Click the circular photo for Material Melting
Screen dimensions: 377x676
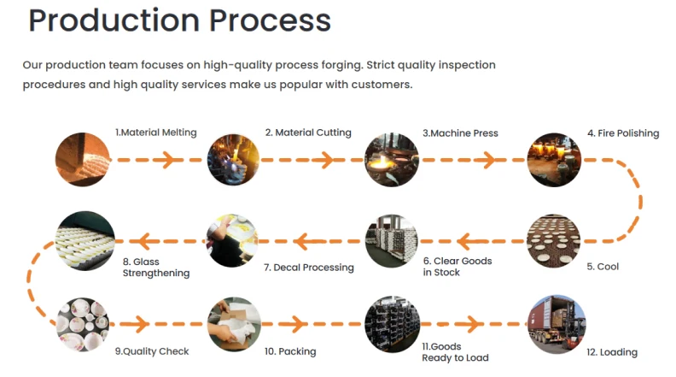click(x=83, y=159)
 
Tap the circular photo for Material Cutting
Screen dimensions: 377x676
click(x=233, y=159)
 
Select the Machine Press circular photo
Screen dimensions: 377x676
click(x=391, y=159)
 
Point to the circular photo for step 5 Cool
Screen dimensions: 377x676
click(x=553, y=240)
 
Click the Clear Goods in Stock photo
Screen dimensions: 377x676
click(x=391, y=240)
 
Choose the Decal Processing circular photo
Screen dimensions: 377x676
click(x=233, y=240)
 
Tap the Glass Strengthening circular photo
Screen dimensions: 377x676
click(x=83, y=240)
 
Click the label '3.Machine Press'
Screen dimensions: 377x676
click(x=460, y=133)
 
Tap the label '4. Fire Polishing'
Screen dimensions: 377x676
click(x=622, y=133)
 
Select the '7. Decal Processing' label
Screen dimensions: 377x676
click(x=308, y=268)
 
